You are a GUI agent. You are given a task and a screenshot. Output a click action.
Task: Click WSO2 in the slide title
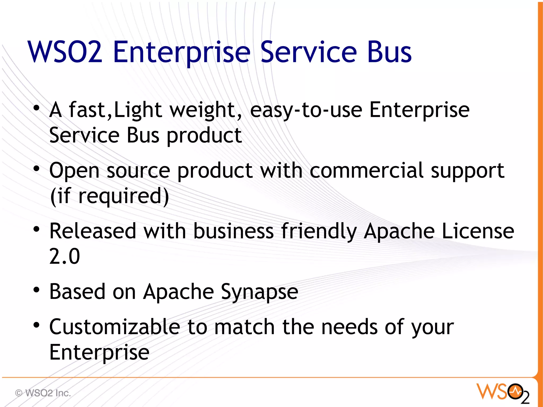pos(65,52)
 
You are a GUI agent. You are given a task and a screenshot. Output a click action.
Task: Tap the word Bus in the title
pos(389,52)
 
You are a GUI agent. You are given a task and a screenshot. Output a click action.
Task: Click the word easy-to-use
pos(306,110)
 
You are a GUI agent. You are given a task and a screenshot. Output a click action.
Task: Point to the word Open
pos(74,171)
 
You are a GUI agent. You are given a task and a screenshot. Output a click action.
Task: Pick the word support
pos(467,171)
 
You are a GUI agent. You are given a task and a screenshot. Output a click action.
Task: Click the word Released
pos(93,231)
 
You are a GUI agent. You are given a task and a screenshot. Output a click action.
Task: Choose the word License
pos(478,231)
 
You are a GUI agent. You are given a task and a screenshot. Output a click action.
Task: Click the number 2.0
pos(64,256)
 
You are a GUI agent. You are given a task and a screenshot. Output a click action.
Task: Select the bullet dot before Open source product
pos(37,169)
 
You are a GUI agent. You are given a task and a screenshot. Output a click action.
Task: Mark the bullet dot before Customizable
pos(37,325)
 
